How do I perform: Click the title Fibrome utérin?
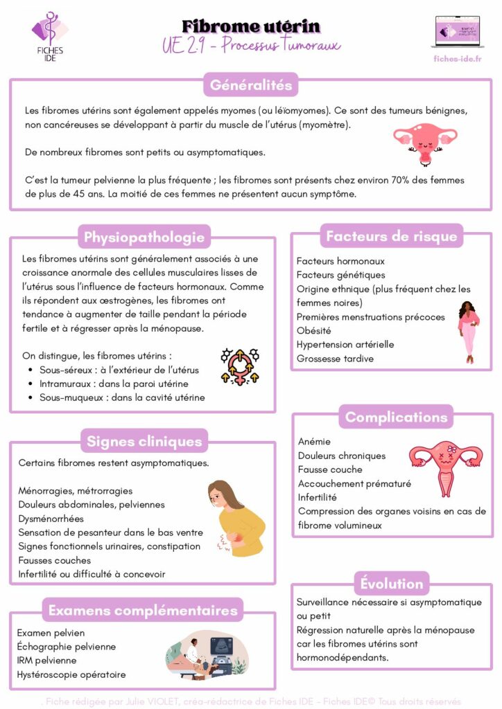[x=251, y=26]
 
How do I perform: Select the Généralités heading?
[x=251, y=86]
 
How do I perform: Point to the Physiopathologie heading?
[x=144, y=237]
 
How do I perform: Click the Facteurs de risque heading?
[x=392, y=236]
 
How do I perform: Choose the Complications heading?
[x=396, y=418]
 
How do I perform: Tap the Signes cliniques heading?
[x=144, y=441]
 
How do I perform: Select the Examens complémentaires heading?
[x=143, y=610]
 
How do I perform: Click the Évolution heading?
[x=392, y=584]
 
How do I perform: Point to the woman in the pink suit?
[x=469, y=332]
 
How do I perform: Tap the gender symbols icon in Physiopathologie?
[x=239, y=366]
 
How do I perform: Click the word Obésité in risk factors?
[x=314, y=330]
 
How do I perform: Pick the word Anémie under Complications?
[x=315, y=441]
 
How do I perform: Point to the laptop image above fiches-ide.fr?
[x=456, y=32]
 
